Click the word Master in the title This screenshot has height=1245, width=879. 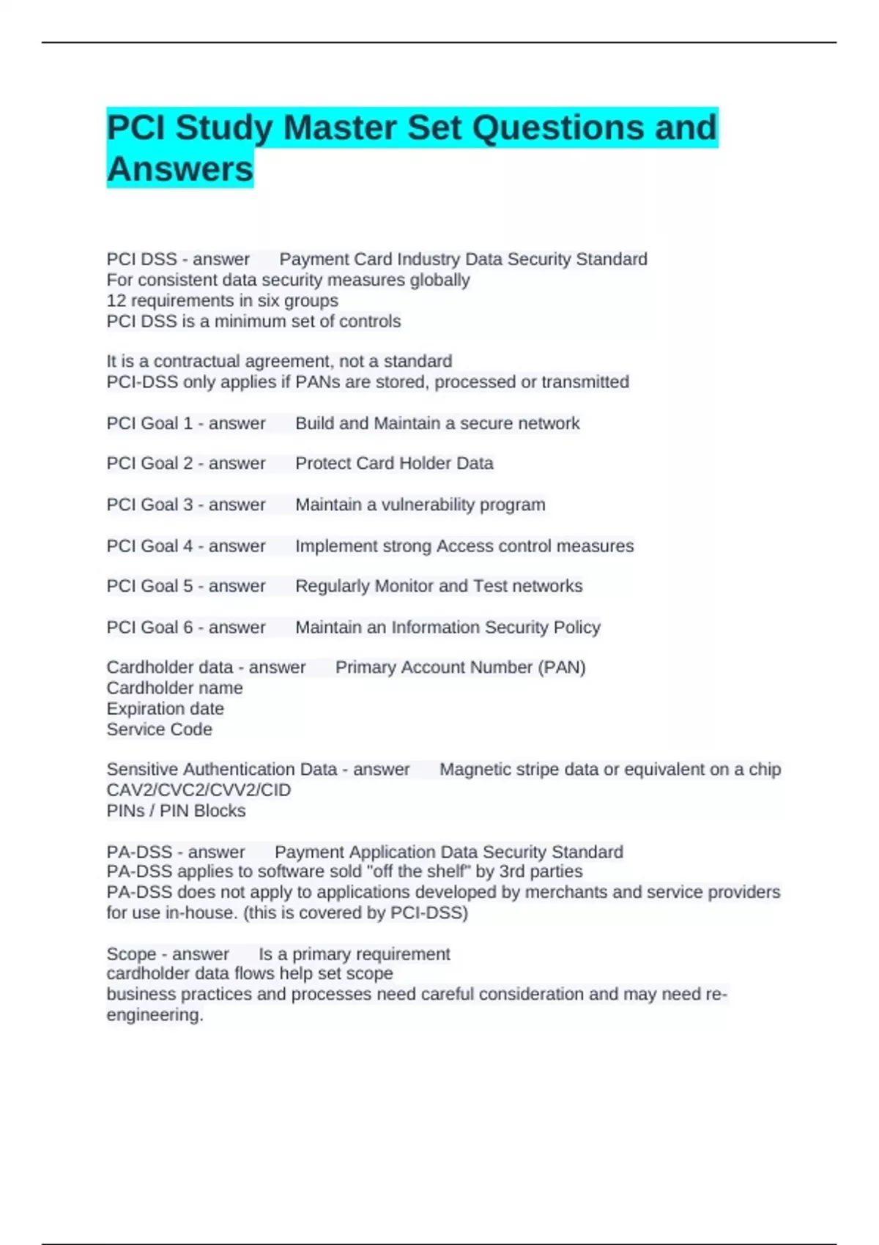click(x=339, y=127)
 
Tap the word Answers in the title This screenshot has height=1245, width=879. click(x=180, y=169)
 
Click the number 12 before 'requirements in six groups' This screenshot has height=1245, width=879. click(x=116, y=300)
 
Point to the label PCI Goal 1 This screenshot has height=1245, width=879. click(x=149, y=423)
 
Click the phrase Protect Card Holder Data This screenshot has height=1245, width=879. click(x=394, y=463)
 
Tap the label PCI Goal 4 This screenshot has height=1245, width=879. click(x=149, y=546)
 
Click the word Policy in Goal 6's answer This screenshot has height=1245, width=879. click(x=577, y=627)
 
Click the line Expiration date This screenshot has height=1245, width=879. click(x=165, y=708)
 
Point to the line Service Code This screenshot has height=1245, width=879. click(x=159, y=729)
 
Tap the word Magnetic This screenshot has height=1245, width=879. click(x=473, y=769)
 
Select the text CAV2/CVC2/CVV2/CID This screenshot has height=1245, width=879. click(x=199, y=789)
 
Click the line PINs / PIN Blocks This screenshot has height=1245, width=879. click(x=176, y=811)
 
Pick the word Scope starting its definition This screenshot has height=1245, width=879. click(x=131, y=954)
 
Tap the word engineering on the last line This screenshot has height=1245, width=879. click(x=155, y=1015)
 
